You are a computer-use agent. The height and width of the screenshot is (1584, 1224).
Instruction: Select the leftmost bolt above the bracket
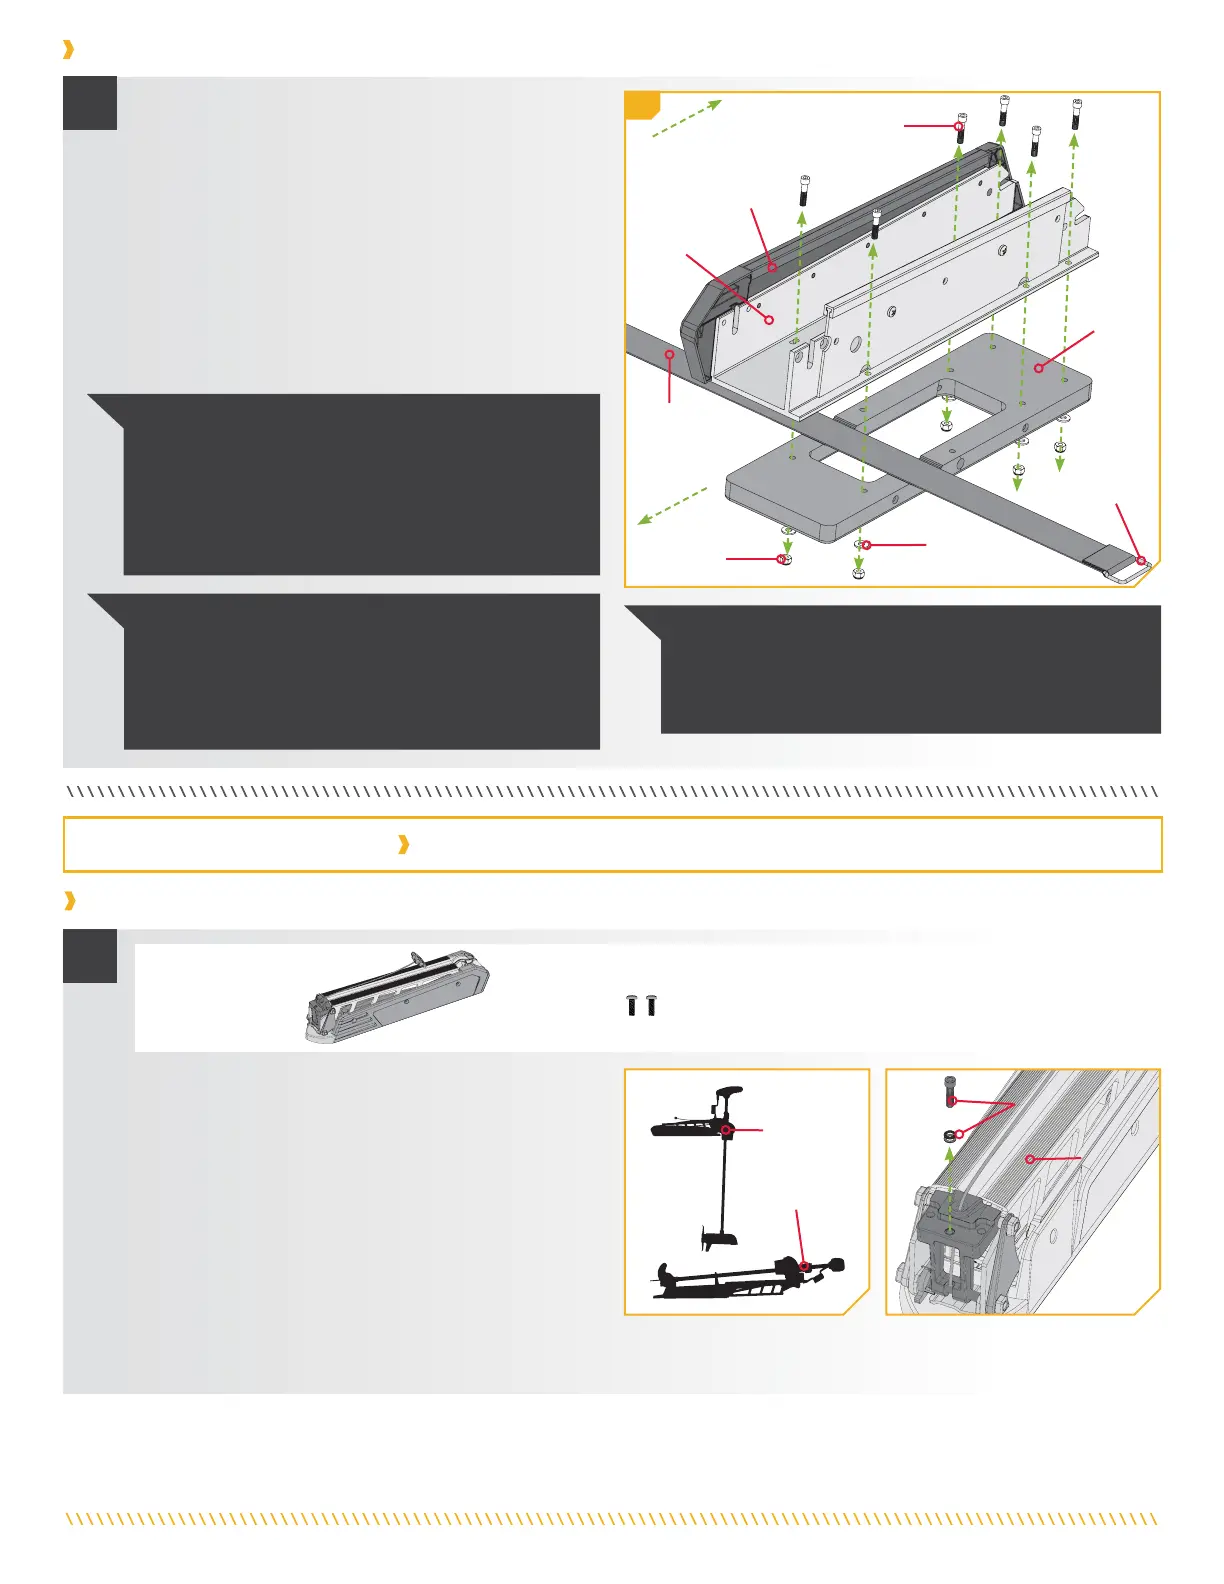805,190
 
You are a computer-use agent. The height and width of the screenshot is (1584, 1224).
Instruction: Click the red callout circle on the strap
669,354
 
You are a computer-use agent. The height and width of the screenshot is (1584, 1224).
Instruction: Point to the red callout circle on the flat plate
1039,368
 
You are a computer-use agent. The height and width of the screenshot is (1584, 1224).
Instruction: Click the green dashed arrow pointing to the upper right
686,118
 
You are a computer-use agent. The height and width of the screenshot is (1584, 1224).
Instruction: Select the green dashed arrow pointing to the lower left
672,506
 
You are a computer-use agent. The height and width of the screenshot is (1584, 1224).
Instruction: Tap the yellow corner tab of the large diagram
640,103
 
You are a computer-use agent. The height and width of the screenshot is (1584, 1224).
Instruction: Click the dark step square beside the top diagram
90,103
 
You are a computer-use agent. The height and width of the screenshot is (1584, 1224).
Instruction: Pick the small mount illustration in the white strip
397,996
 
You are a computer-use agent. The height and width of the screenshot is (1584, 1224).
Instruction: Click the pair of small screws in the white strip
641,1005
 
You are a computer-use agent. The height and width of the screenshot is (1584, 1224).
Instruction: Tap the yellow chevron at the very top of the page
68,49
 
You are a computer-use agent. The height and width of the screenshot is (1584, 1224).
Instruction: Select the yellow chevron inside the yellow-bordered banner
403,845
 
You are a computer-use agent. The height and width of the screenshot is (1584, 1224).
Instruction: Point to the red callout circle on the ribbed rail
1030,1160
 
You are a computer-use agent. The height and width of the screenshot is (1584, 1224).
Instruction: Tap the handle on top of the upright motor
729,1093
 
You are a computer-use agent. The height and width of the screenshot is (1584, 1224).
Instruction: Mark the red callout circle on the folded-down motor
803,1267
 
